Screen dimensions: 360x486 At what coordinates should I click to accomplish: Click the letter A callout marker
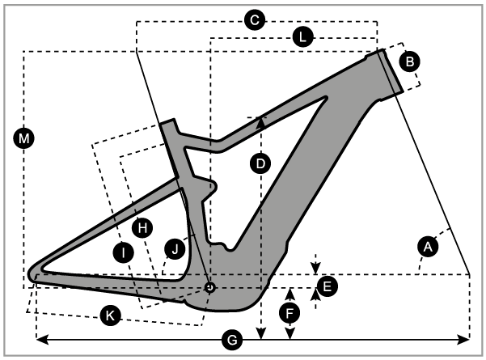(429, 244)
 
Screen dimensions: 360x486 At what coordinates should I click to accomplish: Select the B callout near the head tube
(409, 60)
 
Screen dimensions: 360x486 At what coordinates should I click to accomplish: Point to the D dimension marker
(260, 163)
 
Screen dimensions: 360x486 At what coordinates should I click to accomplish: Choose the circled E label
(326, 285)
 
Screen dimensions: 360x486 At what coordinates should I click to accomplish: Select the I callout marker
(121, 252)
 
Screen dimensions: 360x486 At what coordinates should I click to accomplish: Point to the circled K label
(111, 316)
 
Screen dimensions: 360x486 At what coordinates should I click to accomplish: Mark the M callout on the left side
(24, 139)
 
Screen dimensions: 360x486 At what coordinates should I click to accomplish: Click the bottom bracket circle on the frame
(209, 286)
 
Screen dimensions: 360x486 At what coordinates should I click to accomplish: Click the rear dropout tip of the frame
(34, 273)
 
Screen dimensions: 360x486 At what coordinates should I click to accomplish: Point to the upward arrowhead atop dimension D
(260, 121)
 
